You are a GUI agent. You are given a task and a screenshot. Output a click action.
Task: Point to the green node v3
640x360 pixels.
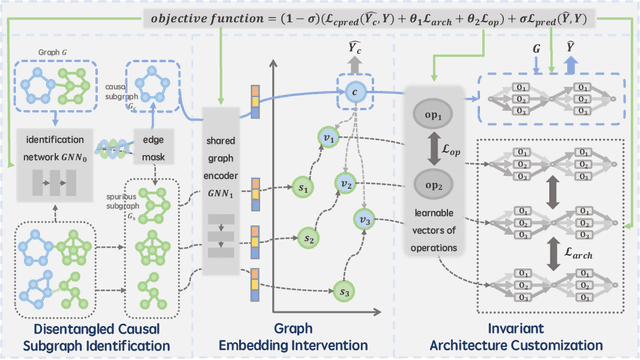click(365, 221)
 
